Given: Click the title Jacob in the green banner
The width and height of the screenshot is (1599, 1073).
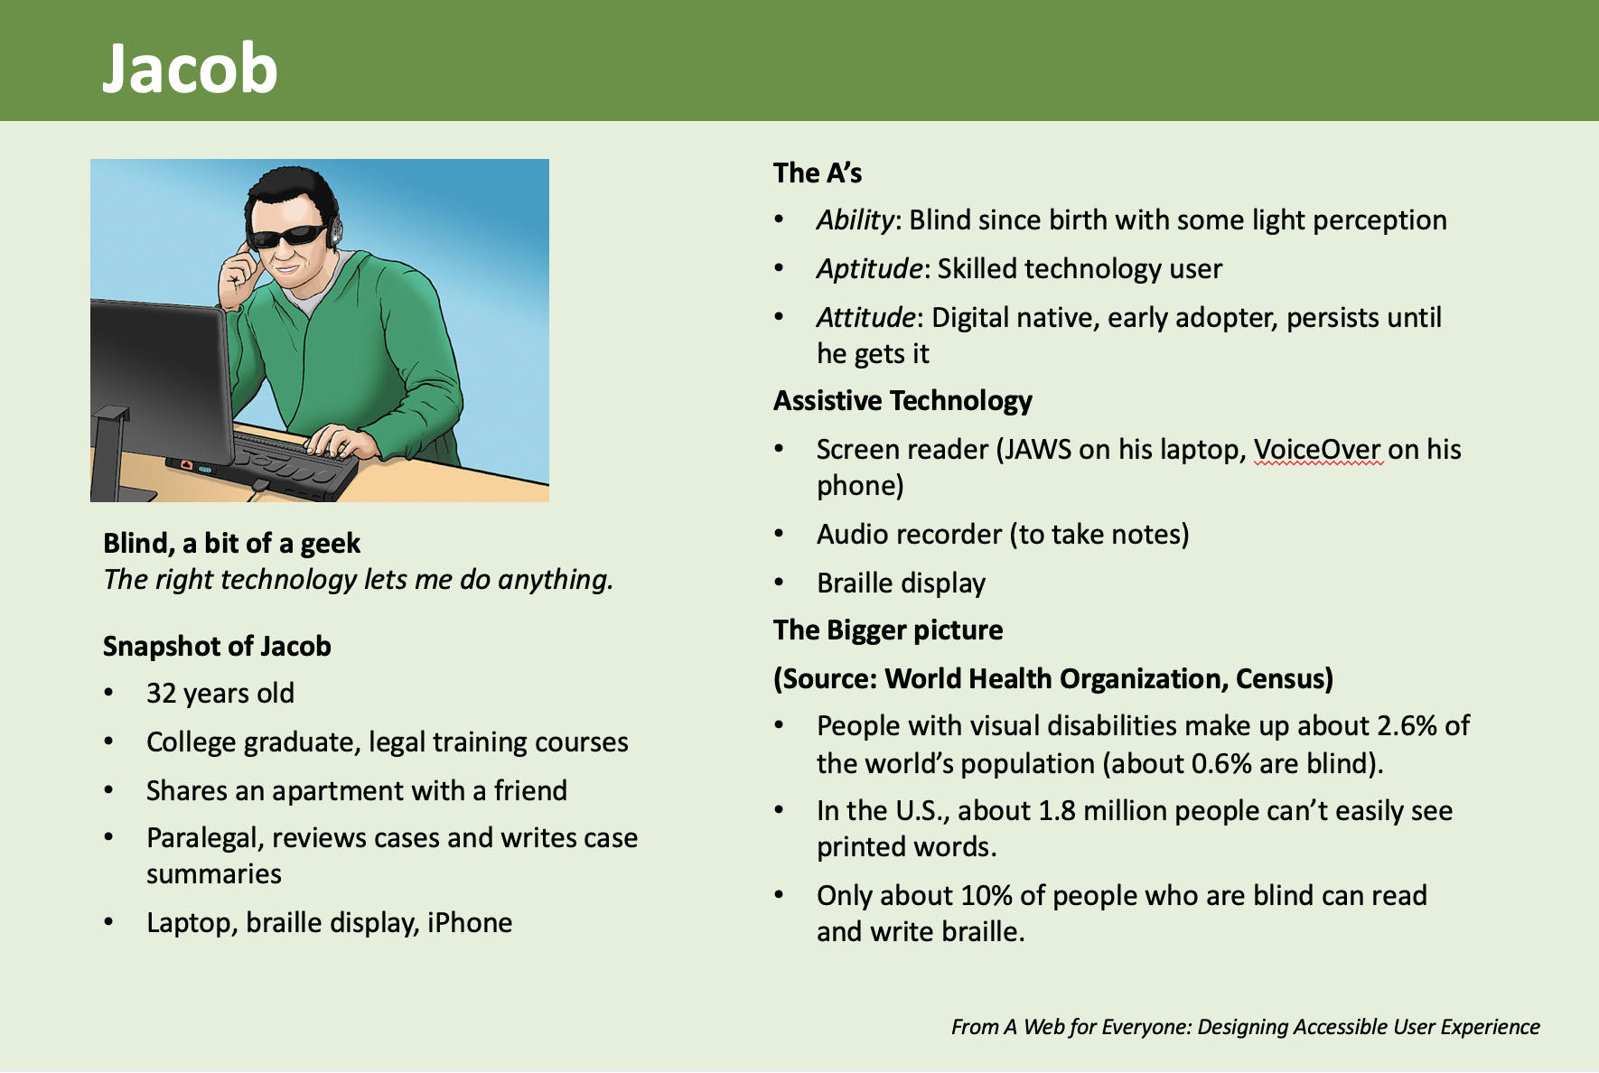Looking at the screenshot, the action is pos(190,69).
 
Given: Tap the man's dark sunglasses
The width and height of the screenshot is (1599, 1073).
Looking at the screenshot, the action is pos(287,238).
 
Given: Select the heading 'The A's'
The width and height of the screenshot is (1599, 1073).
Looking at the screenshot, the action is pos(818,173).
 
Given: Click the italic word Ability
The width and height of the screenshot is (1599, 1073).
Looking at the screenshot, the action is pos(855,220).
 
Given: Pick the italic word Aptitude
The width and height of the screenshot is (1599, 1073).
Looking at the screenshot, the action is pos(869,269).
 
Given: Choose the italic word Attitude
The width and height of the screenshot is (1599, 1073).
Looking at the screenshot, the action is pos(865,317).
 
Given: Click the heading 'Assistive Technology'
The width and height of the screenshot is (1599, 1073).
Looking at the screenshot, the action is pos(902,401).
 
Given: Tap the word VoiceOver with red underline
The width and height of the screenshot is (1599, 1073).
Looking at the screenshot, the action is pos(1317,449).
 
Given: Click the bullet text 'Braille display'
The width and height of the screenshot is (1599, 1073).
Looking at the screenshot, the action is pos(901,583).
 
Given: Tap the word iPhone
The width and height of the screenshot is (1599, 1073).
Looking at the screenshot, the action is pos(470,922).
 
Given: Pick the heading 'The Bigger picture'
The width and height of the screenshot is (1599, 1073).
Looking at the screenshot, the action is pos(888,630).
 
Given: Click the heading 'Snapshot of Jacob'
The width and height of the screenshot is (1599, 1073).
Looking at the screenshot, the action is pos(217,647).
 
